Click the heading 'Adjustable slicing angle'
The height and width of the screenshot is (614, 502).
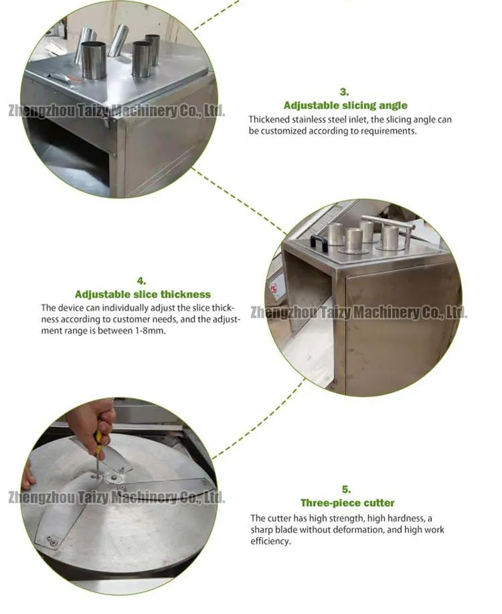click(345, 105)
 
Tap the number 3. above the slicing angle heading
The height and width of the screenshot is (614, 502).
click(344, 92)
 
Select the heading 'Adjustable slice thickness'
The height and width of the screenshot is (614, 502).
click(143, 294)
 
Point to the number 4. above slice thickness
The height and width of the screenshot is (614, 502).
click(141, 281)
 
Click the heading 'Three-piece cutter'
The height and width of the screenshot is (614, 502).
click(347, 503)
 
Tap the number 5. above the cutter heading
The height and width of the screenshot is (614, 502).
click(347, 489)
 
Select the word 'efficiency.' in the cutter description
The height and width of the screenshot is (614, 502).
click(271, 541)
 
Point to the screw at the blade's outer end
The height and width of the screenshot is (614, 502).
click(52, 541)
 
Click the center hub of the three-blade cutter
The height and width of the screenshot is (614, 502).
click(113, 478)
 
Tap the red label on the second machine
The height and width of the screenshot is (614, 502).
click(272, 290)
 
